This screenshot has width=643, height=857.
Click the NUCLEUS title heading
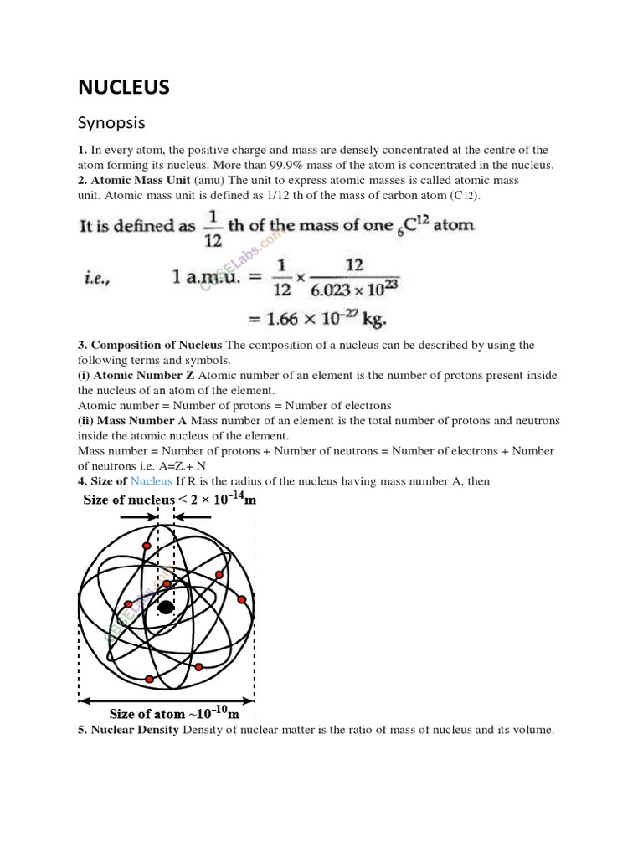[124, 86]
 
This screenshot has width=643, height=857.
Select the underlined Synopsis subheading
[111, 123]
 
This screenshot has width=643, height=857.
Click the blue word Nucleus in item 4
[151, 481]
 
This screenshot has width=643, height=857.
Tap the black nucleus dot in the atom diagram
[166, 608]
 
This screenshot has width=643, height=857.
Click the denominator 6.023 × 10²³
[353, 290]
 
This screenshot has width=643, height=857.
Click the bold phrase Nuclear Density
[135, 730]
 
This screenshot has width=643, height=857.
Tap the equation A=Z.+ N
[177, 466]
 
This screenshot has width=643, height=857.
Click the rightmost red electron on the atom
[242, 599]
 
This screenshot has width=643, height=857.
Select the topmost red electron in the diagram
[147, 546]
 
